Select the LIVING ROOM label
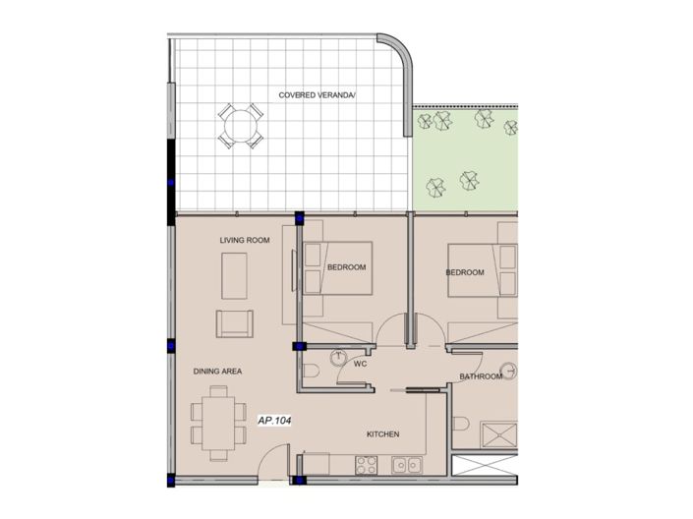244,240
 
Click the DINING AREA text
217,371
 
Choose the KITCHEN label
381,433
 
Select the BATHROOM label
481,376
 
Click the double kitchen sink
407,464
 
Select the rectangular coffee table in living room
234,276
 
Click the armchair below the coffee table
234,324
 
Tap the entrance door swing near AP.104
278,460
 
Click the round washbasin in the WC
340,359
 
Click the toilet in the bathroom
461,425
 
